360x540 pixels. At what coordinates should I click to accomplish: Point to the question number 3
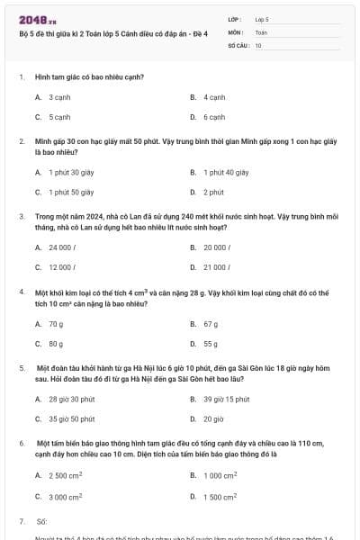(21, 217)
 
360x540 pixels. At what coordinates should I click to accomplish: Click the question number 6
(21, 445)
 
